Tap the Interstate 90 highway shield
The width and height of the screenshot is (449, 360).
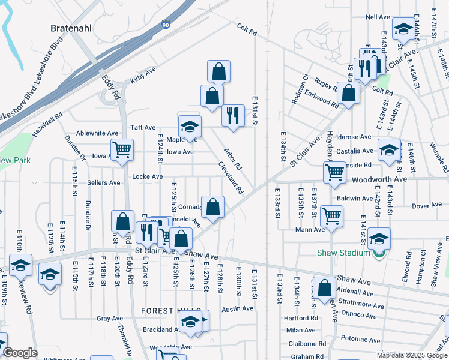[165, 25]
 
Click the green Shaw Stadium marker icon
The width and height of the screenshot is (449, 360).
[377, 253]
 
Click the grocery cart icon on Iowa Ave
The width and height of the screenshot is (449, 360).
[122, 149]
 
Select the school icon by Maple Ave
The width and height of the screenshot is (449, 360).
[190, 127]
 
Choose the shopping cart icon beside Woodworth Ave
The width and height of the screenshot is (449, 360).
[334, 172]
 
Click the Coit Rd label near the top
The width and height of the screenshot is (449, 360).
[247, 28]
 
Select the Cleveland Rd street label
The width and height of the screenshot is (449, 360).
[230, 178]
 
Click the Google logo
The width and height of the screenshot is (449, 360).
[20, 353]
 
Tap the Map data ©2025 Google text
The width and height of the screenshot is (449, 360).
[411, 355]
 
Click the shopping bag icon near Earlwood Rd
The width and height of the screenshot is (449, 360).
[348, 93]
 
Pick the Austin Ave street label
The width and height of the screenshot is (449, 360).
[237, 308]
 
